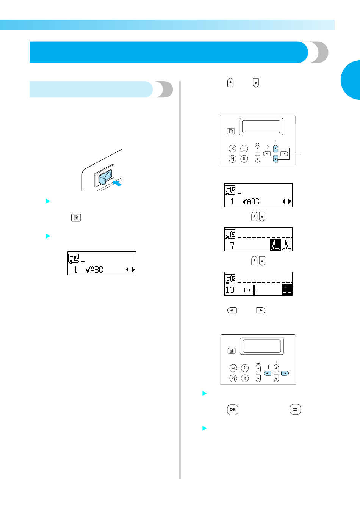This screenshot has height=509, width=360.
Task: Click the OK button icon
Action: tap(232, 410)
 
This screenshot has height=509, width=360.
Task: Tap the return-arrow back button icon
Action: tap(295, 409)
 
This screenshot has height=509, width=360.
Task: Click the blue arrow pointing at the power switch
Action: tap(117, 183)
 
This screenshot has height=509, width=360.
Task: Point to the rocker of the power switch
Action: tap(105, 177)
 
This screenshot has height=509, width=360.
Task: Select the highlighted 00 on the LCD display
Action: tap(287, 290)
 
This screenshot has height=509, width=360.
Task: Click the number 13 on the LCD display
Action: tap(230, 290)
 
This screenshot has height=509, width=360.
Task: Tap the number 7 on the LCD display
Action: tap(232, 246)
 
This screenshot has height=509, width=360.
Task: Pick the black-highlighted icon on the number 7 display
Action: tap(275, 245)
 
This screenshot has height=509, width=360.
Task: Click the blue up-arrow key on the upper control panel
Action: tap(275, 149)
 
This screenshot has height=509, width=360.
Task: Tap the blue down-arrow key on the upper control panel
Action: tap(275, 159)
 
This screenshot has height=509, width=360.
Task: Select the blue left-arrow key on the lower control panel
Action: tap(268, 373)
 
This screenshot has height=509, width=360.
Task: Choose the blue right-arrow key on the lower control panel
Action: tap(285, 373)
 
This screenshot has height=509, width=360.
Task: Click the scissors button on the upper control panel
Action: tap(232, 149)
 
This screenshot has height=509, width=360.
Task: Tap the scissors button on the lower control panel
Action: tap(233, 368)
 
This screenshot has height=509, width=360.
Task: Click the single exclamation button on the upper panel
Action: tap(244, 149)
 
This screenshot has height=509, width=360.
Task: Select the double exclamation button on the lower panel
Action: tap(245, 378)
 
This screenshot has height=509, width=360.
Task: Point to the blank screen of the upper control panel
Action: tap(261, 127)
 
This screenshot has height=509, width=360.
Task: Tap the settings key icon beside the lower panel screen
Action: tap(232, 351)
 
